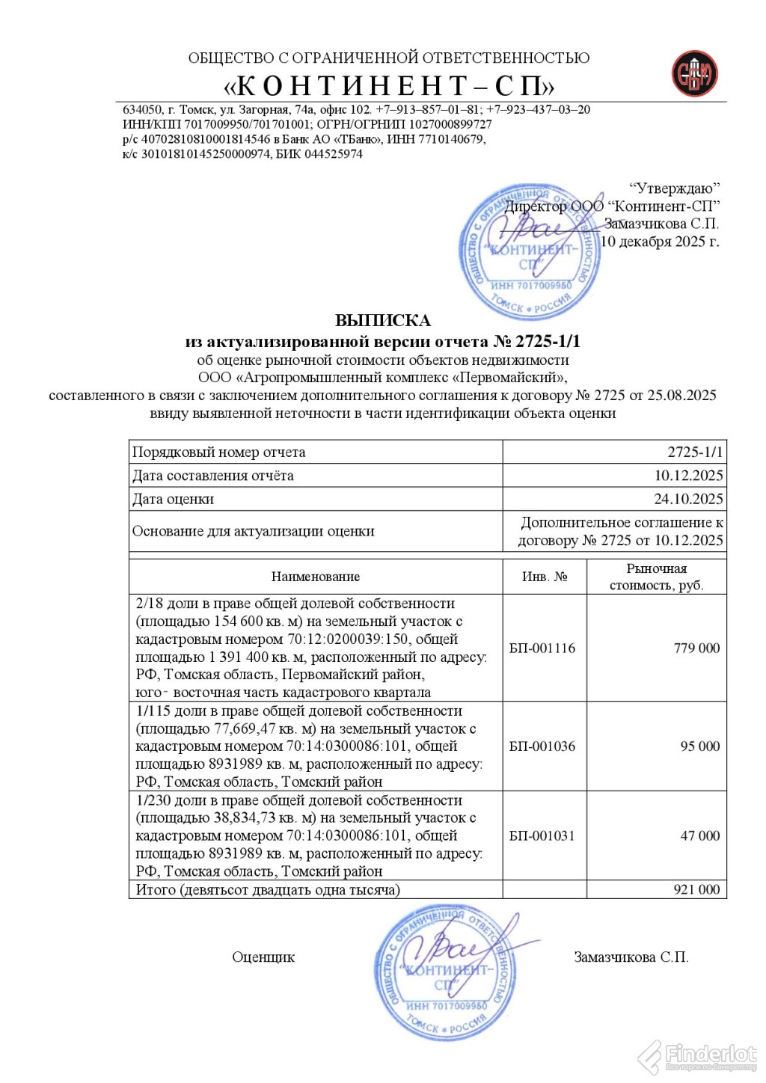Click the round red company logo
click(694, 74)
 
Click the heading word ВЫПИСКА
click(382, 321)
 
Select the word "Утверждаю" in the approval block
click(675, 188)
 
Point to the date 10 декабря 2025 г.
click(660, 242)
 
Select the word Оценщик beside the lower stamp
click(263, 957)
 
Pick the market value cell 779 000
click(696, 648)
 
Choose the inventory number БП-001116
click(542, 648)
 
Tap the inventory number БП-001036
click(542, 746)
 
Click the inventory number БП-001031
click(542, 836)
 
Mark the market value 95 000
click(699, 746)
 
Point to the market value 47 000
click(699, 836)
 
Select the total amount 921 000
click(696, 890)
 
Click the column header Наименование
click(316, 577)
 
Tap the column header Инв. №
click(544, 577)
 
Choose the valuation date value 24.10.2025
click(688, 499)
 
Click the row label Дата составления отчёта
click(213, 476)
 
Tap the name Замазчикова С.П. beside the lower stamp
click(631, 957)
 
